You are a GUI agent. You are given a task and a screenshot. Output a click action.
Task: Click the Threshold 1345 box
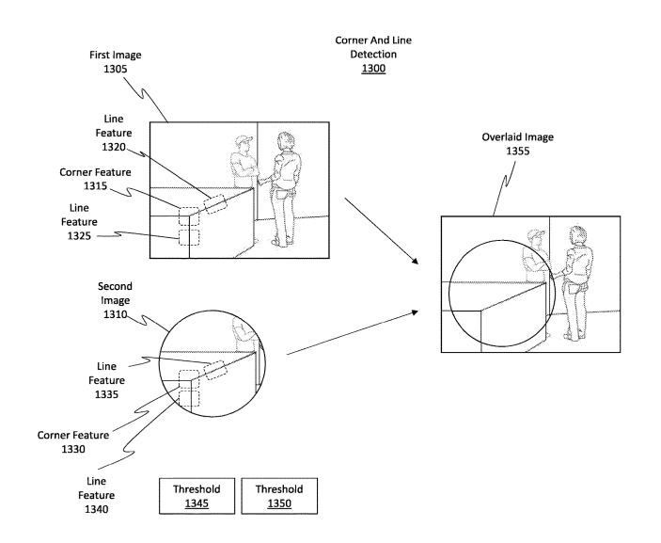pos(197,496)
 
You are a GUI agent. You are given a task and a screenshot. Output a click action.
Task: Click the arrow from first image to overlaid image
pos(380,232)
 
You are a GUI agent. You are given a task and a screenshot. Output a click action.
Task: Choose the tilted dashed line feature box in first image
pos(215,202)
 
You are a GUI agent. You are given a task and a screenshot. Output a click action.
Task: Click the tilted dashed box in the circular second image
pos(214,368)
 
